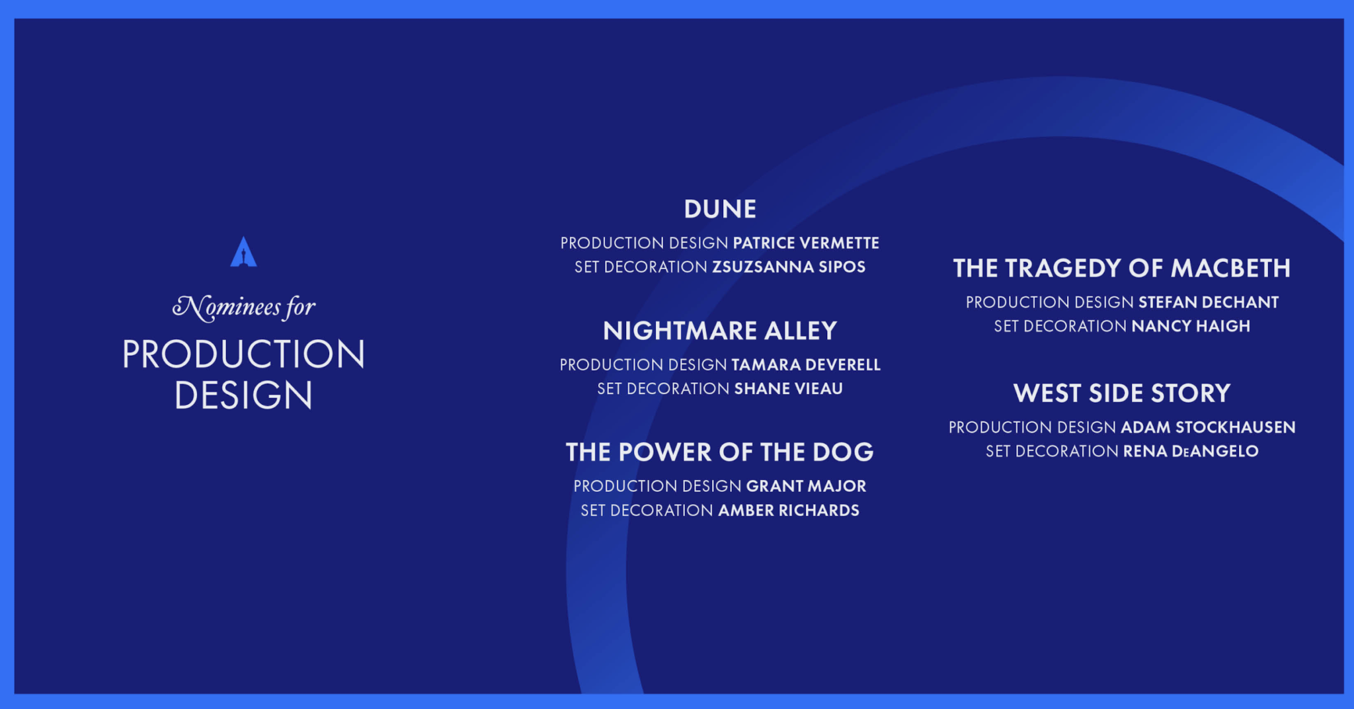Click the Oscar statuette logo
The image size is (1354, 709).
tap(243, 252)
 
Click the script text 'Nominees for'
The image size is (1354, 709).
tap(244, 308)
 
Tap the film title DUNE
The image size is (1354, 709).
tap(720, 209)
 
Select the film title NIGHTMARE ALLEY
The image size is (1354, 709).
tap(720, 331)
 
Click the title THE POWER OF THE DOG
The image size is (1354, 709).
tap(720, 452)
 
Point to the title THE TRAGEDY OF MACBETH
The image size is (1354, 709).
tap(1122, 269)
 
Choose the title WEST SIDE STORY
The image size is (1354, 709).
tap(1122, 394)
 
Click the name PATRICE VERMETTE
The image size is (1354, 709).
tap(806, 243)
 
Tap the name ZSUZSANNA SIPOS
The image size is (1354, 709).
tap(789, 267)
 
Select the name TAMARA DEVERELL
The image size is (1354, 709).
tap(806, 365)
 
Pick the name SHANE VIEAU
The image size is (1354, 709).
tap(789, 389)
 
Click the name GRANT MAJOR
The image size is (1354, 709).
tap(806, 486)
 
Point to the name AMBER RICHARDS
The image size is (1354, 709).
tap(789, 511)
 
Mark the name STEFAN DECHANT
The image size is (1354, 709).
tap(1209, 302)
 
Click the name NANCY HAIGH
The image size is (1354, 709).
tap(1191, 326)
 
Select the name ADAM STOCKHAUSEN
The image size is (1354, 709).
tap(1208, 427)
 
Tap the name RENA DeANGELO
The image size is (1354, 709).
tap(1191, 451)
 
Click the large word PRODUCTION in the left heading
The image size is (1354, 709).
tap(244, 354)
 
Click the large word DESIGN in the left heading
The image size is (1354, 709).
tap(244, 396)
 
